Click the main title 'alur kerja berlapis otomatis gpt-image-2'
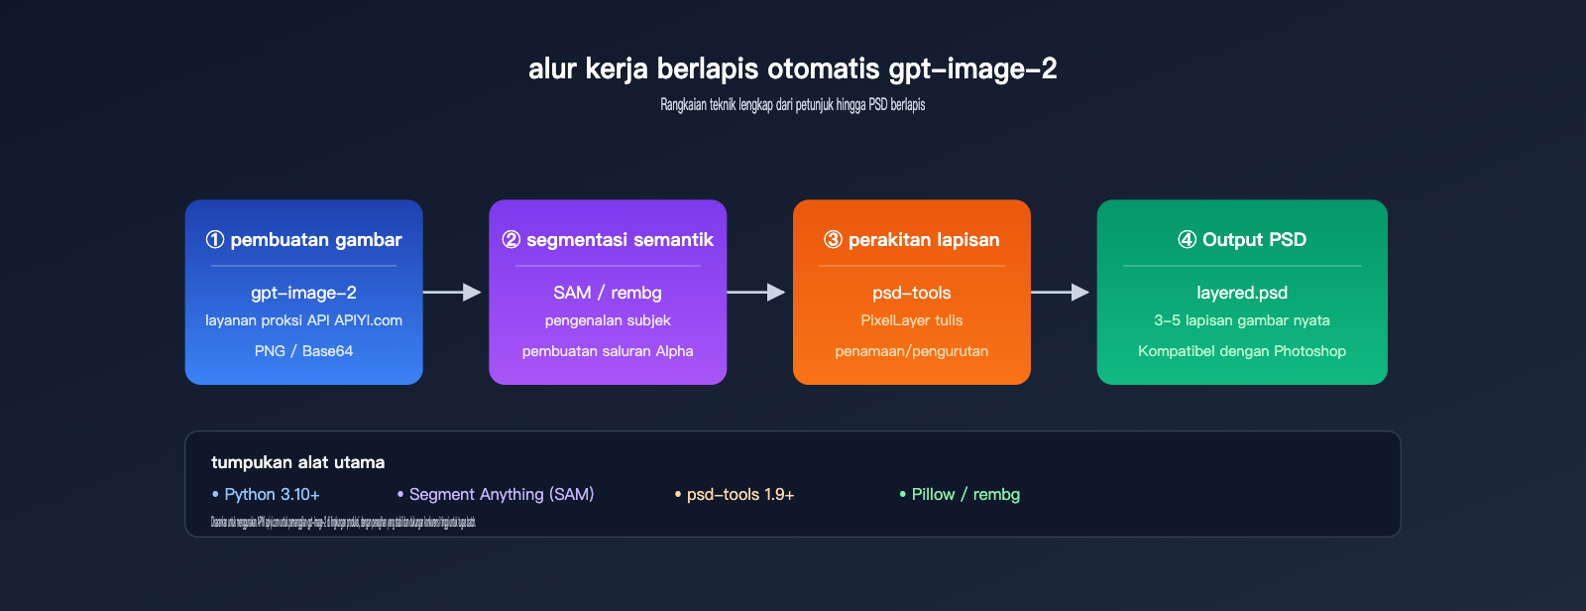tap(792, 68)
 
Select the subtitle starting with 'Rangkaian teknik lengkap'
tap(792, 105)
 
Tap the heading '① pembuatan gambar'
tap(303, 240)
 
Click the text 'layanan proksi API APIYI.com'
tap(303, 320)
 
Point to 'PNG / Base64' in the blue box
tap(303, 351)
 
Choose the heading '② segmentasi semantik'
tap(608, 240)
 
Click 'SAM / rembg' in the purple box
tap(608, 293)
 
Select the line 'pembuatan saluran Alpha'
tap(608, 351)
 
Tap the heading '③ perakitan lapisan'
tap(911, 240)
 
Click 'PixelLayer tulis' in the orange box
tap(911, 320)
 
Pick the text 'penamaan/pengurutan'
tap(911, 351)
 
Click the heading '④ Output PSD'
tap(1242, 240)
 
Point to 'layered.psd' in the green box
tap(1242, 293)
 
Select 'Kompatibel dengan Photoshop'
tap(1242, 351)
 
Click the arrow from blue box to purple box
tap(453, 292)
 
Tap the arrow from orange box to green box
tap(1061, 292)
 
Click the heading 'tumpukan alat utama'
tap(297, 462)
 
